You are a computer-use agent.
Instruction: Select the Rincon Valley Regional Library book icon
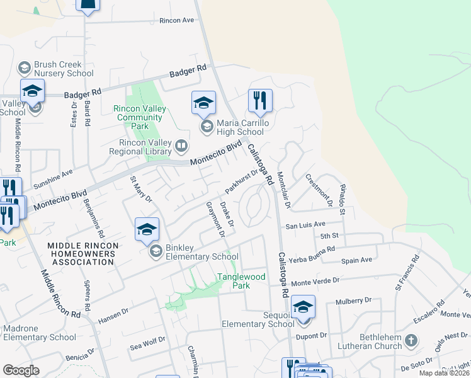tap(181, 146)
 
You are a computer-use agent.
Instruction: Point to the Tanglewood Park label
tap(242, 281)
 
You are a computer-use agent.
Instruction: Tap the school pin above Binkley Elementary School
tap(147, 229)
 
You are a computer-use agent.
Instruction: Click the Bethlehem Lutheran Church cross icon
tap(411, 341)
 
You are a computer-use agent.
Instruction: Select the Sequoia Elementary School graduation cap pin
tap(303, 307)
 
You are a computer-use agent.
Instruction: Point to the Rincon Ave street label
tap(176, 20)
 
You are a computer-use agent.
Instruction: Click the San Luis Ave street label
tap(305, 224)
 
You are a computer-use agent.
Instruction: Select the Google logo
tap(21, 370)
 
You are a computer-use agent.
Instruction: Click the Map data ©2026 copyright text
tap(443, 373)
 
